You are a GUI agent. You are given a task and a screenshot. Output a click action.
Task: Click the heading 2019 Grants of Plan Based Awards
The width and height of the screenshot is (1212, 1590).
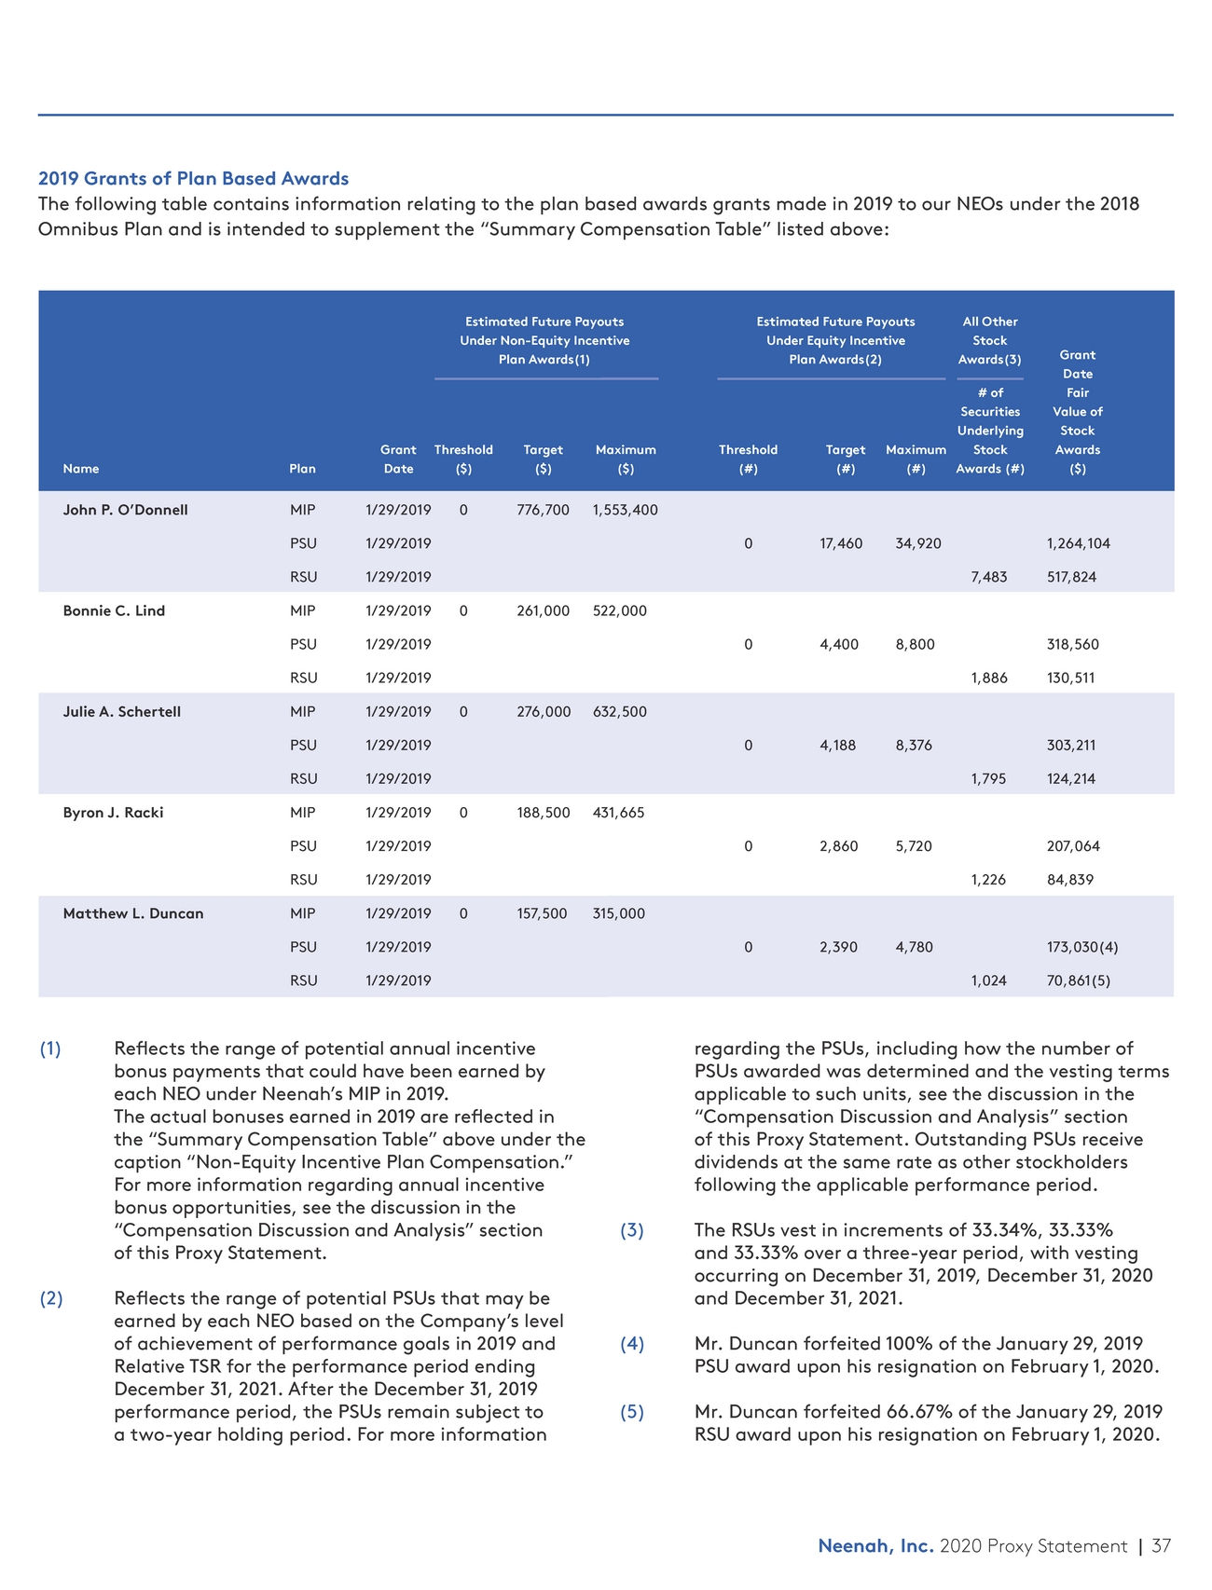click(193, 178)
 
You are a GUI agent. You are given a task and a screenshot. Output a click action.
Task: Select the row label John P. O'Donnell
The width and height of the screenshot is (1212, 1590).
click(125, 510)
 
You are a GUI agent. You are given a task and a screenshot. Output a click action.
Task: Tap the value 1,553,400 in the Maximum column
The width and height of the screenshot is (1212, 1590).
click(625, 510)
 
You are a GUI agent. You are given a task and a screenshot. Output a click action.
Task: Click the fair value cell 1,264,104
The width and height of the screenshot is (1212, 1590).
click(1078, 543)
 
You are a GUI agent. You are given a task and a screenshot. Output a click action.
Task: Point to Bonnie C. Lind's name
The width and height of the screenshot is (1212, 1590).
click(114, 610)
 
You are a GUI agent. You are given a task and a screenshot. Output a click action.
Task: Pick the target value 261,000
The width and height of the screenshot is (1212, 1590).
click(543, 610)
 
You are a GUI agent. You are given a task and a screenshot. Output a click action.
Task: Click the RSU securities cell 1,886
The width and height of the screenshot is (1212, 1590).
click(988, 678)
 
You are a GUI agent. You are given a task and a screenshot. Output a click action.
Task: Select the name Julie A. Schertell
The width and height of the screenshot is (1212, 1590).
click(121, 711)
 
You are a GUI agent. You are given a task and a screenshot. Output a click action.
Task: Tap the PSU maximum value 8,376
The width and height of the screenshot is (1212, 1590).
click(914, 745)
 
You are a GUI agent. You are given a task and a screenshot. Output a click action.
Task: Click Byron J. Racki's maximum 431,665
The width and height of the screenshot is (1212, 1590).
click(618, 813)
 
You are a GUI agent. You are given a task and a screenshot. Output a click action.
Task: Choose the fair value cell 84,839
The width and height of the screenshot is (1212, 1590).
click(1070, 880)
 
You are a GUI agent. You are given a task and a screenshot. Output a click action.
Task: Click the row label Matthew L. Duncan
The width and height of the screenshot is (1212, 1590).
click(132, 913)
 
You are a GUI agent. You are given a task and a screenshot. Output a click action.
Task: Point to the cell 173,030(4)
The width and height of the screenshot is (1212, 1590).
click(1081, 947)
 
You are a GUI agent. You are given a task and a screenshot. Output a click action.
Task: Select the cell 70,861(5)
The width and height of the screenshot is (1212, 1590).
click(1078, 980)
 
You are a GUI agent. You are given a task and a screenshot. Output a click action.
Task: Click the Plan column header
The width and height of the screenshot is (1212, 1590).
click(302, 469)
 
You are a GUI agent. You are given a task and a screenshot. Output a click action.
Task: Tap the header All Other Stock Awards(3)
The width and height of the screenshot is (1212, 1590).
click(989, 340)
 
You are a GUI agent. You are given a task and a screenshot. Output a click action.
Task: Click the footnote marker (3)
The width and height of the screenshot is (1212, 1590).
click(632, 1230)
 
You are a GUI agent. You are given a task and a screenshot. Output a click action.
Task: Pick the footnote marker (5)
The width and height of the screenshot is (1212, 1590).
click(632, 1411)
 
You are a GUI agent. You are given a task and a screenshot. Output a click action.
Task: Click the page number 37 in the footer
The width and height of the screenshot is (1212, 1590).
click(1161, 1546)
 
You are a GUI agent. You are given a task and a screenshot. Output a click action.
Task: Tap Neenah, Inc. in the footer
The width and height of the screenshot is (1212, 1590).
click(875, 1546)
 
